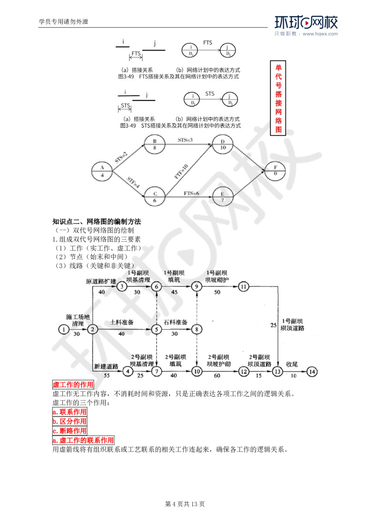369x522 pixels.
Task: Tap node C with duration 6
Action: click(x=154, y=196)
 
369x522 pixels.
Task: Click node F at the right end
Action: click(x=276, y=170)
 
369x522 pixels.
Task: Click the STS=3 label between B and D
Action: click(x=186, y=139)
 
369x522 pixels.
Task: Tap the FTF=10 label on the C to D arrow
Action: click(x=180, y=173)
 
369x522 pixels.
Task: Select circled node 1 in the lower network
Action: click(x=63, y=329)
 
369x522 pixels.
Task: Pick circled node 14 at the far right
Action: click(x=312, y=371)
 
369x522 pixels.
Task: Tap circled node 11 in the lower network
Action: click(x=244, y=287)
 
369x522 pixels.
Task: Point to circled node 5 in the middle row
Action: click(x=157, y=329)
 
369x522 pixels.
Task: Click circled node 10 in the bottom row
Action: click(x=197, y=371)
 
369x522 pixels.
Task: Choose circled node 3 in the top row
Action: click(x=122, y=286)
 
